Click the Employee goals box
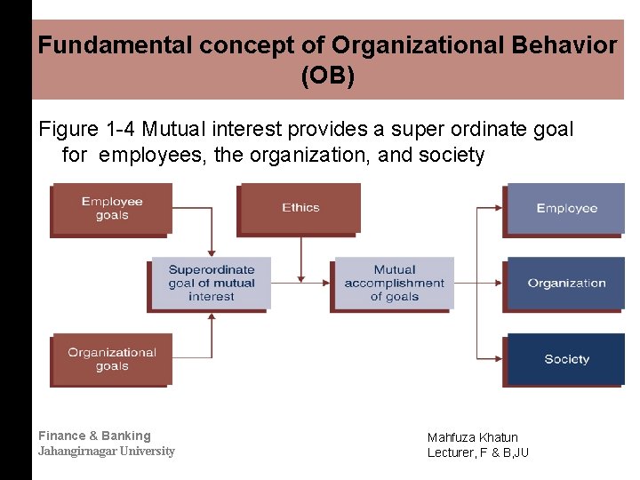point(111,208)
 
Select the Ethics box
point(300,207)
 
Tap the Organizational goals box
point(111,359)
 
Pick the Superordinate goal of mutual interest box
point(211,283)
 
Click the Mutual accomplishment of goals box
point(394,283)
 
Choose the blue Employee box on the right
point(566,208)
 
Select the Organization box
point(566,284)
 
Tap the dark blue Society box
point(566,359)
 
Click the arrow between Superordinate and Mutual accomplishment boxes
point(301,283)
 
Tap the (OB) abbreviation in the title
point(327,76)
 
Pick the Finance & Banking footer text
point(94,436)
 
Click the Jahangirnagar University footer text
point(106,452)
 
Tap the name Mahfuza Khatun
point(472,437)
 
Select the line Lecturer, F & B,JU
point(477,452)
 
